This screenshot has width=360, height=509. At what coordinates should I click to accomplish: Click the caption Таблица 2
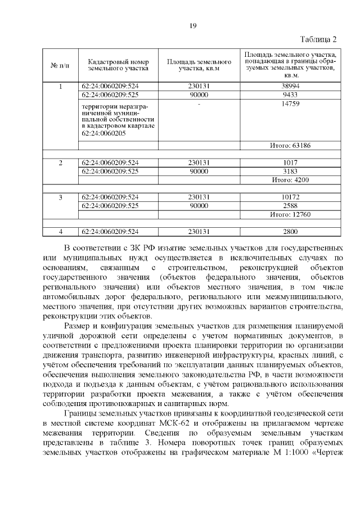[318, 39]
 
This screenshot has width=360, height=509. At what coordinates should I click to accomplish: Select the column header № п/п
[60, 65]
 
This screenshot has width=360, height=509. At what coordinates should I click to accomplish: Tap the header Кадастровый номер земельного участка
[118, 65]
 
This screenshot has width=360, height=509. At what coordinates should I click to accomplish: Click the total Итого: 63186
[290, 145]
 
